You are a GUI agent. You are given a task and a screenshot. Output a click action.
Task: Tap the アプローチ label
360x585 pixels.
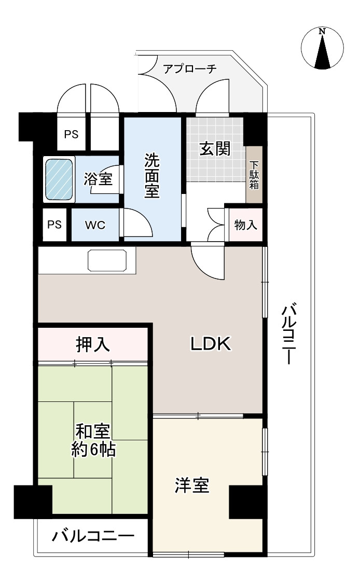point(190,69)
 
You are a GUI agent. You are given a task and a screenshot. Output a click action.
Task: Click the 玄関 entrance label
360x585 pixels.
point(215,149)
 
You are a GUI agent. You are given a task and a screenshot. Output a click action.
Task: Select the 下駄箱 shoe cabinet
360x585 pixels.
point(254,175)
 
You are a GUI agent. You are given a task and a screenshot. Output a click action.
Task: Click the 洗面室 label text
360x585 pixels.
point(151,175)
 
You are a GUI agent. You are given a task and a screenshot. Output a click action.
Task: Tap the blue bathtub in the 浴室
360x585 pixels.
point(59,179)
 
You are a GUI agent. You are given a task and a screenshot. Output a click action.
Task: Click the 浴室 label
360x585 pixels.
point(99,179)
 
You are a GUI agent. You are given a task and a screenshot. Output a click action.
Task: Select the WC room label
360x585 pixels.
point(95,225)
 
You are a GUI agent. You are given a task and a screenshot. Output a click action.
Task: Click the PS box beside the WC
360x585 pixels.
point(54,225)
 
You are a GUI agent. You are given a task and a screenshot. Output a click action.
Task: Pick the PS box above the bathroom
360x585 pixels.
point(71,134)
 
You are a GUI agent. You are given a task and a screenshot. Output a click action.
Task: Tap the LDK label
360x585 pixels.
point(210,343)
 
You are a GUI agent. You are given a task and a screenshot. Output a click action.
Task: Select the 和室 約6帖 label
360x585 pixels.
point(93,440)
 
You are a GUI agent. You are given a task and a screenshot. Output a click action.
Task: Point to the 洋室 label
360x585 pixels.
point(192,485)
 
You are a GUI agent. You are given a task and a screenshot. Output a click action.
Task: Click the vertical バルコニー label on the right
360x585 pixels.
point(288,335)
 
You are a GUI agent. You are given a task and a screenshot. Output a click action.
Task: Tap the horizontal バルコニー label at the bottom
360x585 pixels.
point(93,536)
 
